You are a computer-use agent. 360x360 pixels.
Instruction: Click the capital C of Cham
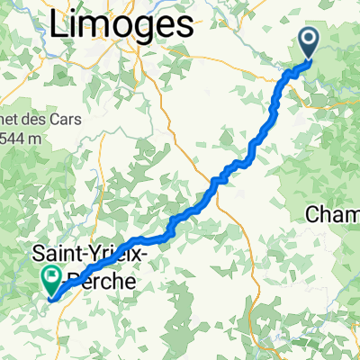[314, 214]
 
